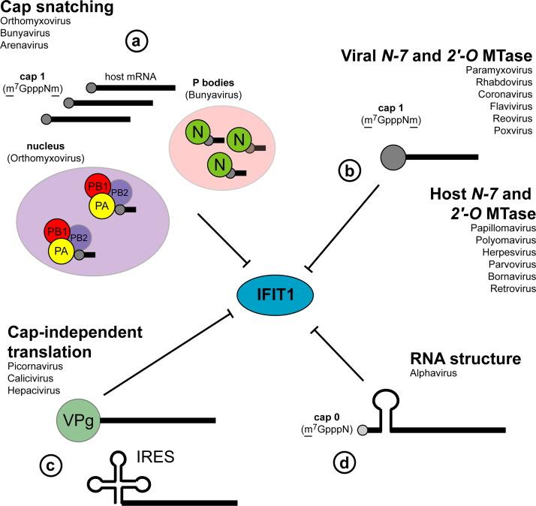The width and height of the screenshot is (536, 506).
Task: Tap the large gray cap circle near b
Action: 395,157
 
